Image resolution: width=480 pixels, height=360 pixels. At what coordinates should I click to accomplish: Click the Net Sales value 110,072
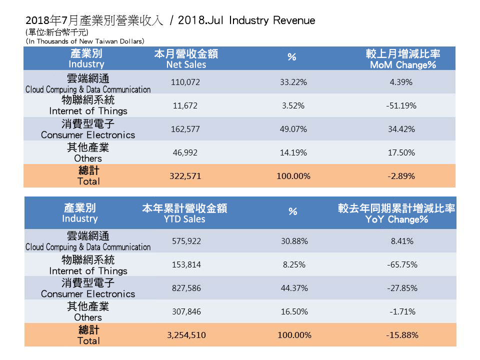pos(186,82)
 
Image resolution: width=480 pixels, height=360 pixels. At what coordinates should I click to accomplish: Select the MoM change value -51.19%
pos(402,105)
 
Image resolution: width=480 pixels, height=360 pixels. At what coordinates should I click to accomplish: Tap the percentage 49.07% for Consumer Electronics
pos(293,129)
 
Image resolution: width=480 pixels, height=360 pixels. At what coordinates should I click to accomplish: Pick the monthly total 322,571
pos(186,176)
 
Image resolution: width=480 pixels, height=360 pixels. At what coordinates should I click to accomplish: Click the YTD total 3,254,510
pos(186,335)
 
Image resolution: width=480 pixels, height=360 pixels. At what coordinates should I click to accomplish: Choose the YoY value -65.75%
pos(402,264)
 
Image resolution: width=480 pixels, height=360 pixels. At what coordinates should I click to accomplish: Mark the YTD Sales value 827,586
pos(186,288)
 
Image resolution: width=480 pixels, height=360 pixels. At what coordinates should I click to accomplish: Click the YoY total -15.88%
pos(402,335)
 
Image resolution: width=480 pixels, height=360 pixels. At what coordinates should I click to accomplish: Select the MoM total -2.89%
pos(402,176)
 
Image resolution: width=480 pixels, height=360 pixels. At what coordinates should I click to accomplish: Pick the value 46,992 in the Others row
pos(186,152)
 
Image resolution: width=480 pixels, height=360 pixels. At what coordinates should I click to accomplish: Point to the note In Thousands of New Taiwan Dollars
pos(85,41)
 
